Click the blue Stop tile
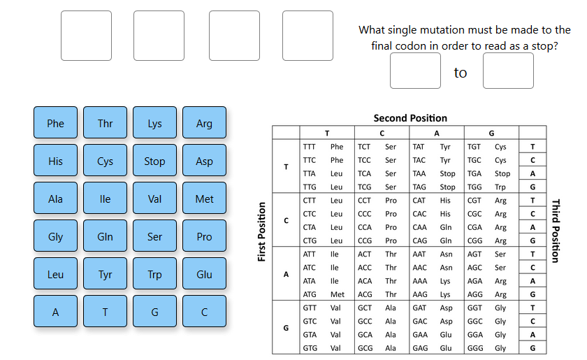coord(154,161)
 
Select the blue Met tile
coord(204,199)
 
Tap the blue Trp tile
coord(154,274)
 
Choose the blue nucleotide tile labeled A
coord(55,312)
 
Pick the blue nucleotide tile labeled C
coord(204,312)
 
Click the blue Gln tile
coord(105,236)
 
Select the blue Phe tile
coord(55,123)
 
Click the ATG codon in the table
coord(310,294)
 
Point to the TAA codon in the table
coord(419,173)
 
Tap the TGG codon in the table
coord(474,187)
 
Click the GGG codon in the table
coord(474,348)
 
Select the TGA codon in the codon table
coord(474,173)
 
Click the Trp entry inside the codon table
coord(500,187)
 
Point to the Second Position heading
coord(410,118)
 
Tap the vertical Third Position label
coord(556,231)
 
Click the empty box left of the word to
coord(415,71)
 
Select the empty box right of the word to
coord(508,71)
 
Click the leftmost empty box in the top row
coord(86,36)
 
